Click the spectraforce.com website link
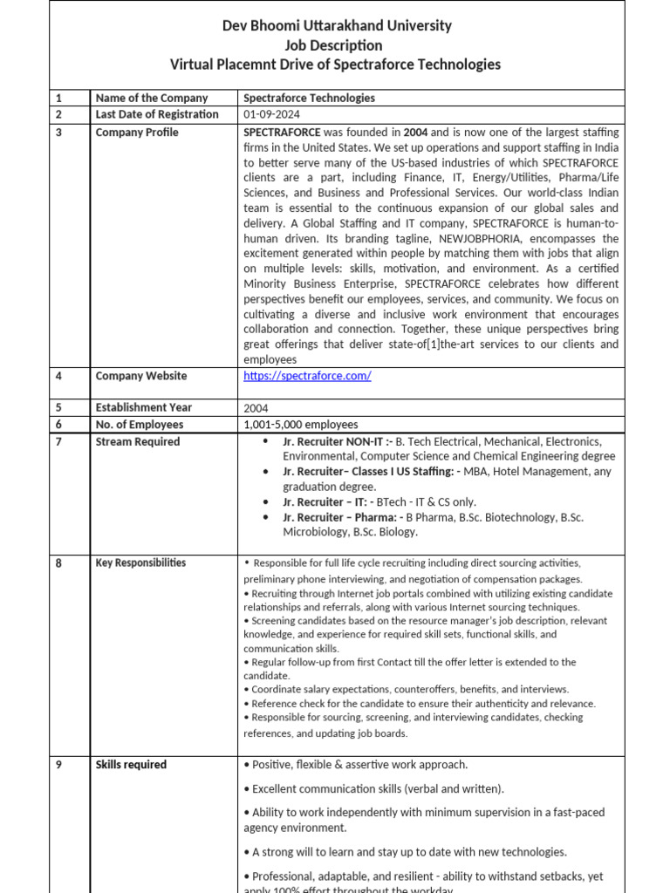[x=307, y=376]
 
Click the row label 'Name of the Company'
[x=151, y=98]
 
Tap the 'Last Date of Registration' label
[x=157, y=114]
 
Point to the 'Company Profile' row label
[x=137, y=133]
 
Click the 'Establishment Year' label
[x=144, y=407]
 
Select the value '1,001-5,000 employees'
[x=301, y=425]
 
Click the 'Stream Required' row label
[x=137, y=442]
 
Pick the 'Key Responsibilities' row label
[x=140, y=563]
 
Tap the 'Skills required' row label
[x=131, y=765]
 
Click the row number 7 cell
[x=59, y=442]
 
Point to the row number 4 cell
[x=59, y=376]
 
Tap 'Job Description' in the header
[x=336, y=44]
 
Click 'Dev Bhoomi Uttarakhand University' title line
[x=336, y=25]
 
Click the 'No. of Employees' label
[x=139, y=425]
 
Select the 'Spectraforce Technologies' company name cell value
[x=309, y=98]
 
